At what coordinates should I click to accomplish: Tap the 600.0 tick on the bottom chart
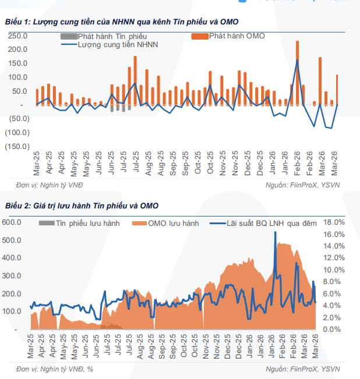coord(13,222)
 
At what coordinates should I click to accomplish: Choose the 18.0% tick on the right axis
coord(334,222)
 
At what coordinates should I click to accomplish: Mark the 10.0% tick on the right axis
coord(334,270)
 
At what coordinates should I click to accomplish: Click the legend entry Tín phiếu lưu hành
coord(82,223)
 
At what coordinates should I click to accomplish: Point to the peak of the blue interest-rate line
coord(275,232)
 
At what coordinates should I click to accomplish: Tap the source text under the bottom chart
coord(303,369)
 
